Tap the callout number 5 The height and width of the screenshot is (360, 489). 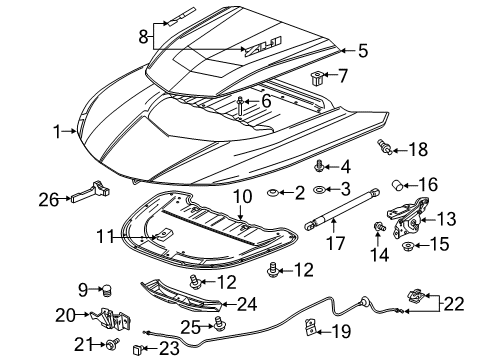(363, 49)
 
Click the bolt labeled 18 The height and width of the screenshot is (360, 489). (383, 149)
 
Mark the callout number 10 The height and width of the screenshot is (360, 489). (240, 197)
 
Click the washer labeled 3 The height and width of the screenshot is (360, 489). (318, 190)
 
